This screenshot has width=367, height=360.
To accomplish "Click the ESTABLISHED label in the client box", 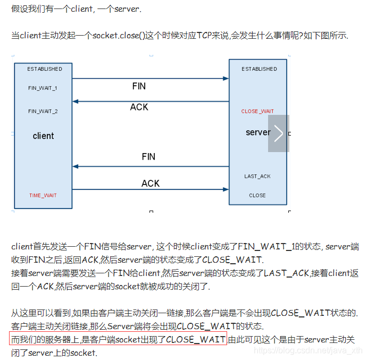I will (45, 69).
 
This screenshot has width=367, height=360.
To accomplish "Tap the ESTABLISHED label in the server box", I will (259, 69).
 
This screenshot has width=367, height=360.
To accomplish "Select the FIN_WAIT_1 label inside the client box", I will (43, 88).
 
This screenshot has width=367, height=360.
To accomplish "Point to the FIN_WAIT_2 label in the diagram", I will (43, 111).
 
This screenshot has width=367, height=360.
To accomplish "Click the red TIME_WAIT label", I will (43, 195).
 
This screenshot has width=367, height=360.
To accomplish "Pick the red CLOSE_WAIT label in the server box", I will (257, 111).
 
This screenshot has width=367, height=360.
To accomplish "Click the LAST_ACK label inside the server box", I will (257, 176).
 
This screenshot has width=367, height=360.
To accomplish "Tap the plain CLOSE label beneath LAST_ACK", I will (257, 195).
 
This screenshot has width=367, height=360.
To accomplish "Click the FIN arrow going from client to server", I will (151, 79).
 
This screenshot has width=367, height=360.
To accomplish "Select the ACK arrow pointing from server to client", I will (151, 101).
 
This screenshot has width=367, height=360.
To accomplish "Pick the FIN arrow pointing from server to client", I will (151, 166).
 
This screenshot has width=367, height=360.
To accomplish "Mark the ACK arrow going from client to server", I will (151, 189).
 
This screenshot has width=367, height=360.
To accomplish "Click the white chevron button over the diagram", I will (279, 133).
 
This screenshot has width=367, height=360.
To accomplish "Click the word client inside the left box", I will (43, 136).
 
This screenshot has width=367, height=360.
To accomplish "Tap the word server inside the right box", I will (258, 132).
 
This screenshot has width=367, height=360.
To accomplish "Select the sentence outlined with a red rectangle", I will (118, 339).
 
